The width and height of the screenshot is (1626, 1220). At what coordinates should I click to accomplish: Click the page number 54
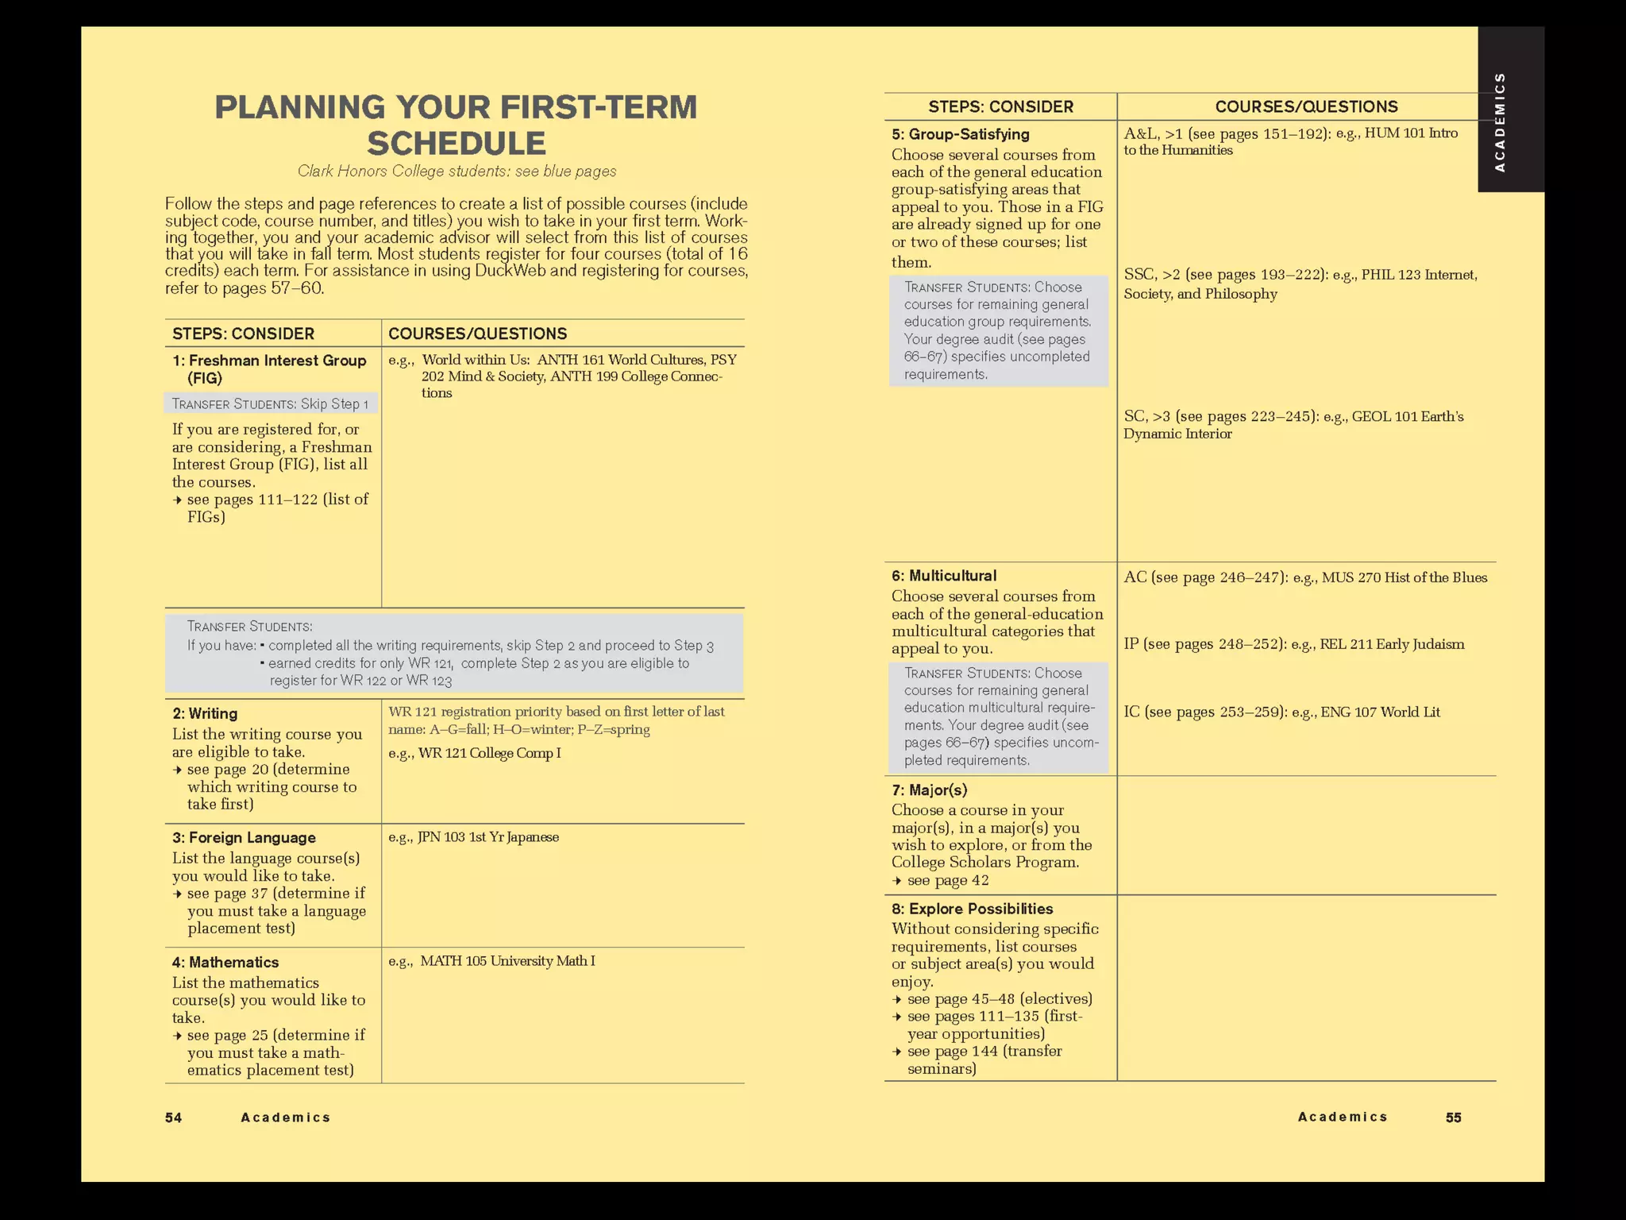click(x=173, y=1118)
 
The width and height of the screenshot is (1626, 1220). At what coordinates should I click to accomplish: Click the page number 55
click(x=1453, y=1118)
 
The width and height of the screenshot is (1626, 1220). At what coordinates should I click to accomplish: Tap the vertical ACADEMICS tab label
click(x=1499, y=122)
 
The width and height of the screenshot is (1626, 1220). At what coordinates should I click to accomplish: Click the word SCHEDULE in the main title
click(x=457, y=144)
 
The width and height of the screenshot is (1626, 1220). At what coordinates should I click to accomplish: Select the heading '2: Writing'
click(x=205, y=713)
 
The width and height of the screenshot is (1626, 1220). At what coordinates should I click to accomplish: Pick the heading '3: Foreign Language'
click(x=244, y=837)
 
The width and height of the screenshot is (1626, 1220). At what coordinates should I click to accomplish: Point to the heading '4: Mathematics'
click(x=225, y=962)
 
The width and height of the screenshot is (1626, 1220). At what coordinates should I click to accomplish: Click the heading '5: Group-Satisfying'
click(x=960, y=134)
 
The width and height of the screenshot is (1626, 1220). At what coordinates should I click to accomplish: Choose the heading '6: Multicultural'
click(x=943, y=576)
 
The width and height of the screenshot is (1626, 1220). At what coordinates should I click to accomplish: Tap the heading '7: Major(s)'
click(x=929, y=790)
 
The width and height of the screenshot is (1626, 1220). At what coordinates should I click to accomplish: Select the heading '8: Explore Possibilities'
click(x=972, y=909)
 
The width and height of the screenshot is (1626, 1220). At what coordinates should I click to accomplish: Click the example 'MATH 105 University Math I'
click(x=507, y=961)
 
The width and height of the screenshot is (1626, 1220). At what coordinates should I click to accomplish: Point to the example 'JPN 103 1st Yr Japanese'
click(x=488, y=837)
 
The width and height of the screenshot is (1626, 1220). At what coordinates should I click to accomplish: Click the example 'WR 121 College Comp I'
click(x=489, y=753)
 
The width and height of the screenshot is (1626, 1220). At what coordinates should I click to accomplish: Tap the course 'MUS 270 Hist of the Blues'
click(x=1404, y=577)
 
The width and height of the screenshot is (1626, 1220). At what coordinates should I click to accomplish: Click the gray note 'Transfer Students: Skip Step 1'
click(x=271, y=403)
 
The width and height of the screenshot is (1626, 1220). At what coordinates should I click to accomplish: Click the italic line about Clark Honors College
click(x=457, y=172)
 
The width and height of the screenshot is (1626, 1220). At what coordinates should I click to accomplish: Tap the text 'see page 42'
click(x=948, y=880)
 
